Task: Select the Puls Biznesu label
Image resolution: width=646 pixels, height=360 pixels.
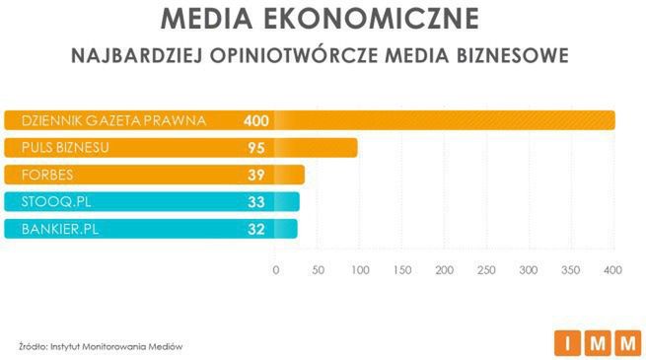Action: coord(56,148)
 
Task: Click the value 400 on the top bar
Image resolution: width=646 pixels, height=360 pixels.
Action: coord(256,120)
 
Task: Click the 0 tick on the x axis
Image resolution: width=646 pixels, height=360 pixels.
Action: coord(275,270)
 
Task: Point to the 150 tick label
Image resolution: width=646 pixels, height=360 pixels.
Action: coord(401,270)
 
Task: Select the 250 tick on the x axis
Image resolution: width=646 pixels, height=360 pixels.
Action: coord(486,270)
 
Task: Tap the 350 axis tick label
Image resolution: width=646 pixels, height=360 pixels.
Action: coord(570,270)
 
